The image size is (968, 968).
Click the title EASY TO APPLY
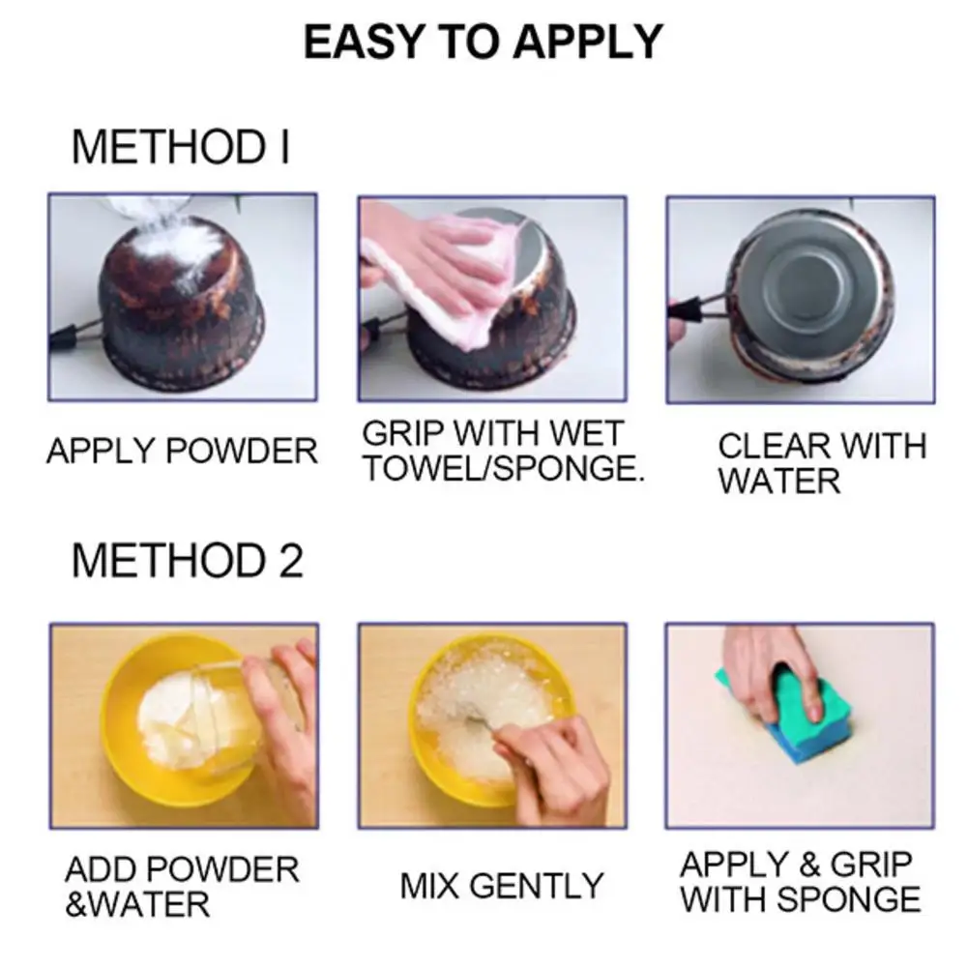(x=484, y=43)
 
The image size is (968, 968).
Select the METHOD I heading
(x=180, y=148)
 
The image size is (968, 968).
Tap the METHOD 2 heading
(x=187, y=561)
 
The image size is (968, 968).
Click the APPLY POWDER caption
(x=182, y=451)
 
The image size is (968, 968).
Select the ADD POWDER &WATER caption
(x=182, y=886)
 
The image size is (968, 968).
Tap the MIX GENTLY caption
(x=501, y=885)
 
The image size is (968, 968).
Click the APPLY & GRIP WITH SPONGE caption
(x=800, y=881)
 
